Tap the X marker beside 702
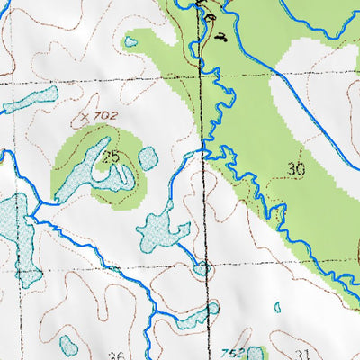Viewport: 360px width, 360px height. click(85, 116)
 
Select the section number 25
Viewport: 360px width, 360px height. click(111, 157)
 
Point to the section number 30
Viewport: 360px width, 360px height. click(296, 168)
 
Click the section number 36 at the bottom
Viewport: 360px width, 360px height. click(116, 355)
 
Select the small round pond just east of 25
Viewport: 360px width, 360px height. click(148, 158)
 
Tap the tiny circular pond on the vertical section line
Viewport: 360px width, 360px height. click(202, 267)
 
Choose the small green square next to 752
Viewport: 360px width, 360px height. click(256, 354)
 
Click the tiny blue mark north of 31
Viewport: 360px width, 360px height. click(277, 308)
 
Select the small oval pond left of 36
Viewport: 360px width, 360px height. click(67, 343)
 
